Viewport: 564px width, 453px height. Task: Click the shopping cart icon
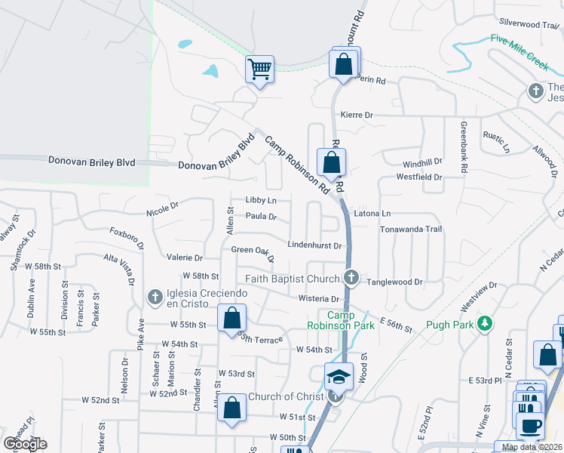(x=259, y=69)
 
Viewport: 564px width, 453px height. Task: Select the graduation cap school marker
(x=339, y=376)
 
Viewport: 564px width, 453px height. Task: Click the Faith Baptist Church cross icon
(x=351, y=279)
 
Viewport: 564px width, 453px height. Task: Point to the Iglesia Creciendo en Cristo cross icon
(x=155, y=296)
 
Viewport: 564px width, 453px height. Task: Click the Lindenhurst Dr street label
(x=316, y=245)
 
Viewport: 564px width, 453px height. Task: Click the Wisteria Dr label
(x=320, y=299)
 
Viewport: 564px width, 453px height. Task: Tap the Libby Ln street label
(x=261, y=200)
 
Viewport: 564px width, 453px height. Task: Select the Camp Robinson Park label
(x=341, y=320)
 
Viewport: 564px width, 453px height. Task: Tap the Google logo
(x=25, y=444)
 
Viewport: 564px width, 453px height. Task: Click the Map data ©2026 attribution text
(x=532, y=447)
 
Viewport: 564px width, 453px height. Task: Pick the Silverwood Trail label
(x=527, y=24)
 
